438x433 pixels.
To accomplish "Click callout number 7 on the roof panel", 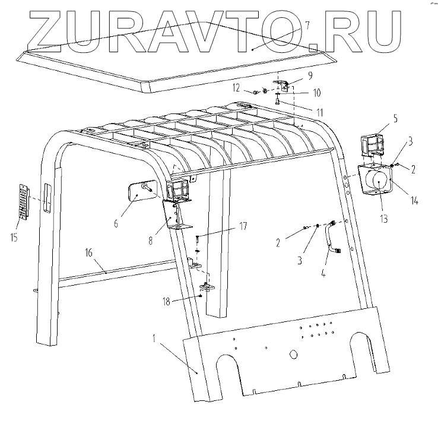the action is (x=307, y=26).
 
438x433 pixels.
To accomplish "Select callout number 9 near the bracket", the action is (x=309, y=75).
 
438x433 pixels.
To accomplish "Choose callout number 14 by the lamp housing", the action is (x=414, y=200).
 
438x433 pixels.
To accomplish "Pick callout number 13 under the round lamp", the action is (x=384, y=219).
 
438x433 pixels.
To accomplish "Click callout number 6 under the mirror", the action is (x=116, y=223).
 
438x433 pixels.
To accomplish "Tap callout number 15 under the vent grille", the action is (x=14, y=238).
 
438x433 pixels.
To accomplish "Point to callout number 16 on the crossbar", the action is (x=88, y=252).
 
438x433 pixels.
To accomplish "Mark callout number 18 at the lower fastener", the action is (x=168, y=302).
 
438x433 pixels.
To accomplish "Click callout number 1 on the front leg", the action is (x=155, y=340).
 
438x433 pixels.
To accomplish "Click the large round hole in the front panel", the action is (x=292, y=353).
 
